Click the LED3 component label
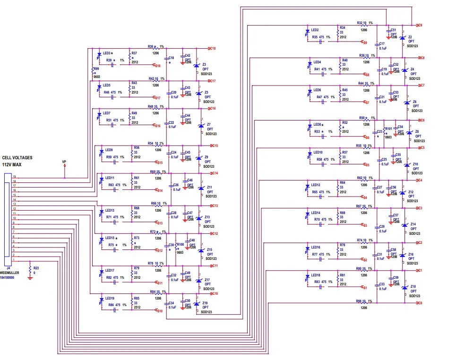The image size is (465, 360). click(106, 53)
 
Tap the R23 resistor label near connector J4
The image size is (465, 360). click(36, 268)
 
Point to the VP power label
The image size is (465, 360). click(64, 162)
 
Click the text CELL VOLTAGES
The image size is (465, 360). click(17, 158)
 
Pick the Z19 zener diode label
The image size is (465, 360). click(205, 303)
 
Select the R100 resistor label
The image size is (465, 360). click(180, 244)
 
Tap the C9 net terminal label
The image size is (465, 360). click(420, 25)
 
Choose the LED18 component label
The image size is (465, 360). click(316, 275)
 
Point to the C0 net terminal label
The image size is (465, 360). click(420, 303)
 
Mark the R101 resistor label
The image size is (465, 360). click(388, 129)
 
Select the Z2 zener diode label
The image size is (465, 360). click(410, 37)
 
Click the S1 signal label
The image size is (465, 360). click(365, 287)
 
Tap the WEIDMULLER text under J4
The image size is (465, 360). click(9, 273)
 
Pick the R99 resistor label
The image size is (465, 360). click(96, 69)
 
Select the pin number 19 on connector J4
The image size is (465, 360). click(15, 177)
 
